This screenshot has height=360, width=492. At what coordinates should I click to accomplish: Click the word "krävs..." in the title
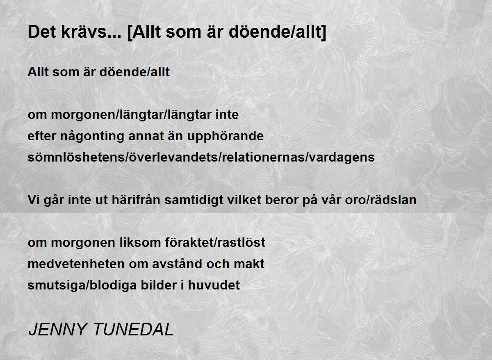click(91, 32)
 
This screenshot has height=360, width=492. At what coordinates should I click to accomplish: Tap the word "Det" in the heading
click(41, 32)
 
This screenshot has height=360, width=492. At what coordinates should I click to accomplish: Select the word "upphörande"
click(225, 137)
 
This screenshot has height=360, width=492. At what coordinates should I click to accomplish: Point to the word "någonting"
click(92, 137)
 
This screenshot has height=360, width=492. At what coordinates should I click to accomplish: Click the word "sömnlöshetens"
click(76, 157)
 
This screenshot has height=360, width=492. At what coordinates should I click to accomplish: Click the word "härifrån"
click(136, 200)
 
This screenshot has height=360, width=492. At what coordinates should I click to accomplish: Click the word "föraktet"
click(188, 242)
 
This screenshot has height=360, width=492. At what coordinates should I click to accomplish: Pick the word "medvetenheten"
click(76, 264)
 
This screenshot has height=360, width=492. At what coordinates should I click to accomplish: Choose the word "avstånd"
click(177, 264)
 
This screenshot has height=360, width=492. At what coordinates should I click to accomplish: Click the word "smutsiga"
click(57, 285)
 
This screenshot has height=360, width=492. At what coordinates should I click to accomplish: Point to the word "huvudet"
click(214, 285)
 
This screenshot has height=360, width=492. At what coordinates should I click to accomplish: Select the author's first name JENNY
click(57, 330)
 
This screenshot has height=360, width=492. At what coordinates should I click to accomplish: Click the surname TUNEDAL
click(134, 330)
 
